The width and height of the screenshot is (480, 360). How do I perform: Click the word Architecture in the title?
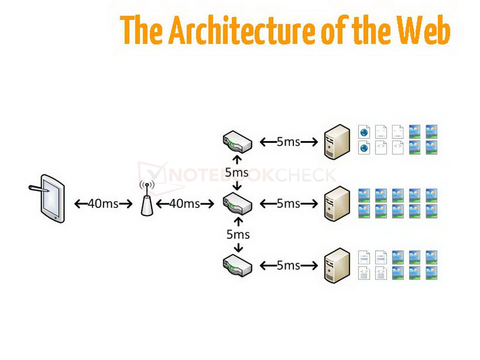[241, 30]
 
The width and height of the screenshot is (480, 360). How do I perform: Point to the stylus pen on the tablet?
[39, 188]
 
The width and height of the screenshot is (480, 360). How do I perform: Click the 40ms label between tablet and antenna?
[103, 204]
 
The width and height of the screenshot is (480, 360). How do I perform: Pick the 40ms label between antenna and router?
[185, 204]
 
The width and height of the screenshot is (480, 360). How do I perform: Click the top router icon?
[237, 142]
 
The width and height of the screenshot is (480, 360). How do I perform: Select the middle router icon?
[237, 204]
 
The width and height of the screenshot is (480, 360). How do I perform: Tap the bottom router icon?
[237, 265]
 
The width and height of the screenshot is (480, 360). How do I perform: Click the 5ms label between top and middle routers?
[237, 172]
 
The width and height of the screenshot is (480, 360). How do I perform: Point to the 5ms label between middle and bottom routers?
[238, 234]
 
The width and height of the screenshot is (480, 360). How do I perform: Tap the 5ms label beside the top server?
[288, 142]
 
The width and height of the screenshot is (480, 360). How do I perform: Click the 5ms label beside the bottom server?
[288, 265]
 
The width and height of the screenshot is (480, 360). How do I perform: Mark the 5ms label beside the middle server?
[288, 204]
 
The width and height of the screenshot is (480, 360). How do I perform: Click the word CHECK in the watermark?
[306, 175]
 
